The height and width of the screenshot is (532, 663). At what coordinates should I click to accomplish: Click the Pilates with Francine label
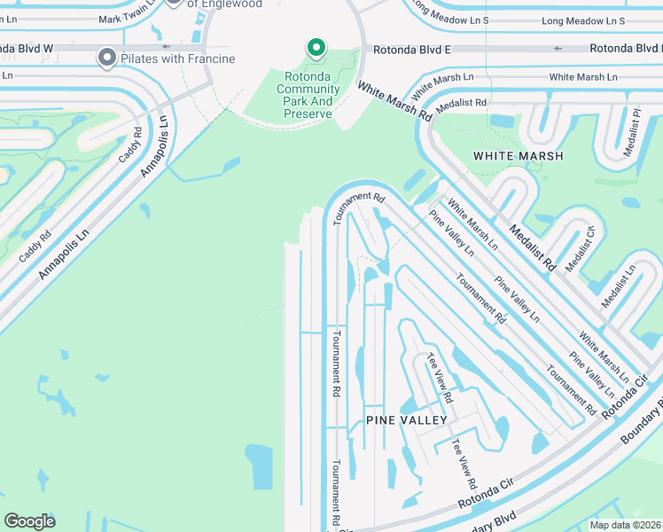pyautogui.click(x=178, y=59)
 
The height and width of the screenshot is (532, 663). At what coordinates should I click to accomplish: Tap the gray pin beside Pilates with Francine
pyautogui.click(x=107, y=59)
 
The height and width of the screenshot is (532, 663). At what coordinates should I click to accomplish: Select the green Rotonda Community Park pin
pyautogui.click(x=315, y=48)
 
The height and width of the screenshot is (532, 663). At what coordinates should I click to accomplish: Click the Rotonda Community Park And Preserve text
pyautogui.click(x=308, y=96)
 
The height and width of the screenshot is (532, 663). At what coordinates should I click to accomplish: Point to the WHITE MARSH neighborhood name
pyautogui.click(x=519, y=156)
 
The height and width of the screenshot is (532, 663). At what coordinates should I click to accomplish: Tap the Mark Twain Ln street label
pyautogui.click(x=128, y=19)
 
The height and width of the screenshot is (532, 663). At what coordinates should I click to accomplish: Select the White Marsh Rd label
pyautogui.click(x=394, y=102)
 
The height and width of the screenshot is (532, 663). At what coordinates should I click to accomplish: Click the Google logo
pyautogui.click(x=29, y=521)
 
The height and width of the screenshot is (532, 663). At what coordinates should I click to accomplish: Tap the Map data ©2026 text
pyautogui.click(x=625, y=525)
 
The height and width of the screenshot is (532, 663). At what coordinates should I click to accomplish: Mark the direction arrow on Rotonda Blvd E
pyautogui.click(x=558, y=49)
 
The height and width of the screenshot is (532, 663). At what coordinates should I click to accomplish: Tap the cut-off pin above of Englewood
pyautogui.click(x=174, y=3)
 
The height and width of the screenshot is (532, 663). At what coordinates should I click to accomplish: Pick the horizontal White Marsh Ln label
pyautogui.click(x=582, y=78)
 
